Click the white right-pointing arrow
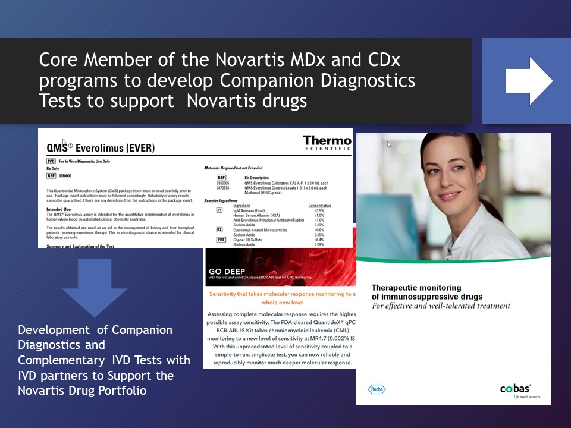[x=529, y=81]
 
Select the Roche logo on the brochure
[x=376, y=389]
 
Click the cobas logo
[x=515, y=389]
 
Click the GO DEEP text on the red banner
[x=227, y=272]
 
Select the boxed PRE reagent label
[x=221, y=239]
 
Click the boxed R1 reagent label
[x=219, y=210]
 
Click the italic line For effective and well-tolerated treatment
[x=441, y=306]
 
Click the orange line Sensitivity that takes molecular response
[x=280, y=294]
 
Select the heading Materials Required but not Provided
[x=233, y=168]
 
